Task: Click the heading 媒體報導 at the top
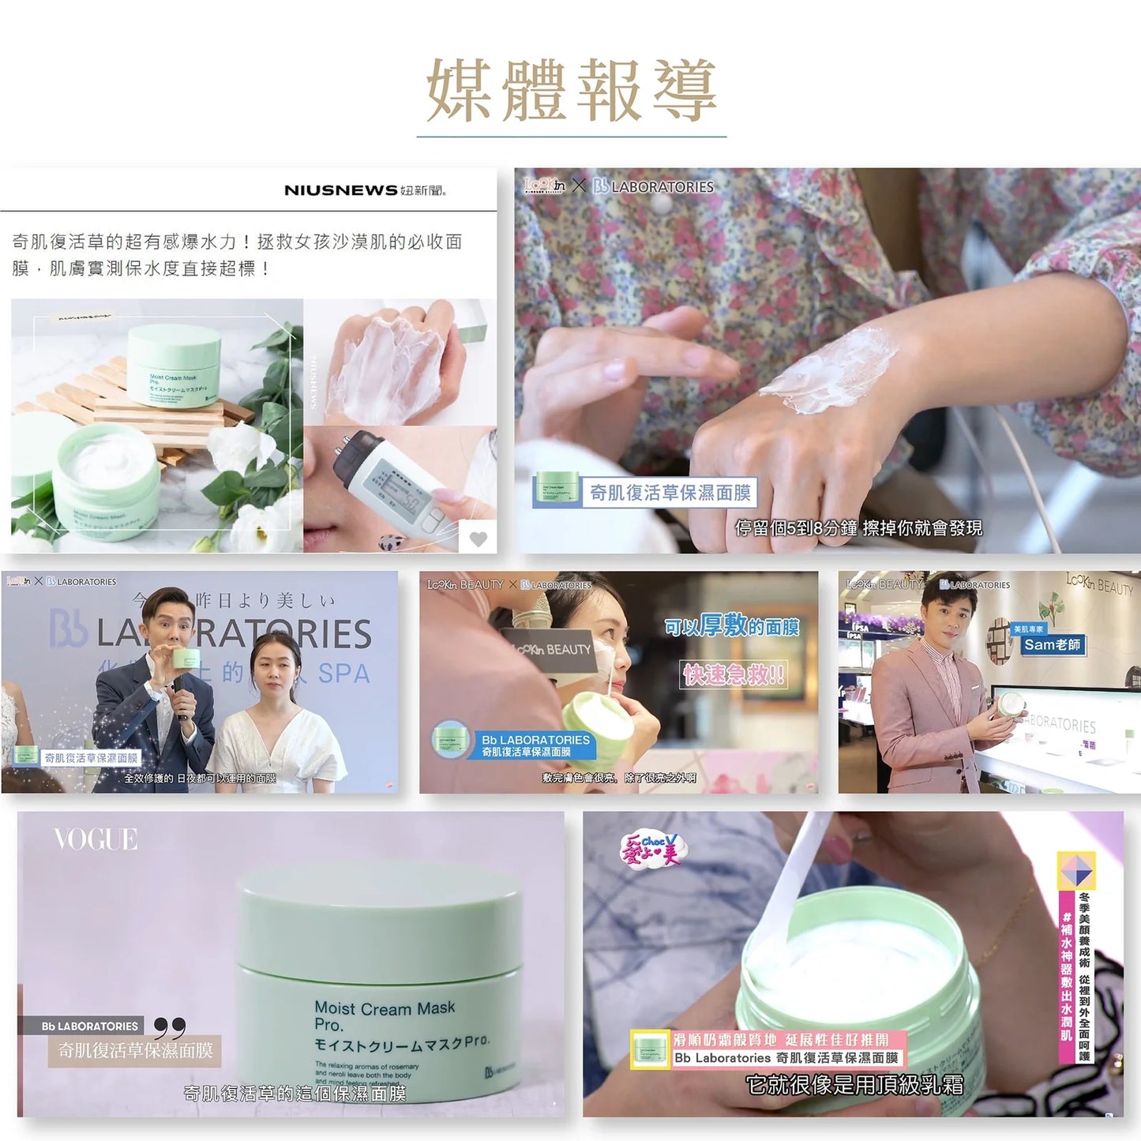point(571,91)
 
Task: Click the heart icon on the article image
point(479,539)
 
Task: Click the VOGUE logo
point(96,839)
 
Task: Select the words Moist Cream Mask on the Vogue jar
point(385,1008)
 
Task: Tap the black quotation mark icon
point(169,1028)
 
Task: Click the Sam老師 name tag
point(1052,645)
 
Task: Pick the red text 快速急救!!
point(734,674)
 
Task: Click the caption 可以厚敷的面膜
point(731,627)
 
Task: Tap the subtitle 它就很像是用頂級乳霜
point(854,1085)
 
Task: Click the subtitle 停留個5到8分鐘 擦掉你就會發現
point(858,527)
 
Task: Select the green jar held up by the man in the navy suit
point(186,658)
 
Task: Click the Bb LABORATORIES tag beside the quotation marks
point(89,1027)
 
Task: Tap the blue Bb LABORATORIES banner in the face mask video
point(535,745)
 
